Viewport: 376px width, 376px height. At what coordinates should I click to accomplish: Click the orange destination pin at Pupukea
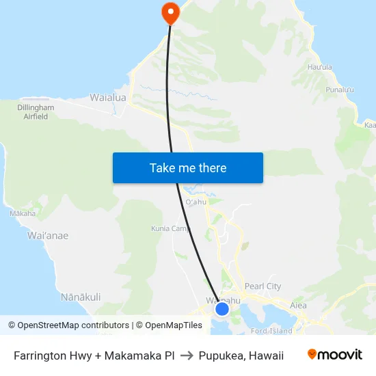click(x=169, y=12)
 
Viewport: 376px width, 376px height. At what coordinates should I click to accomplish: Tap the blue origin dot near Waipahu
click(x=221, y=309)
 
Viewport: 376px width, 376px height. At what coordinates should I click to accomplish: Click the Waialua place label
click(x=108, y=98)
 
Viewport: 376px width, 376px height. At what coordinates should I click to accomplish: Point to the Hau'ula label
click(x=320, y=67)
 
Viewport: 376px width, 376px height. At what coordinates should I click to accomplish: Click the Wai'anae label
click(x=48, y=235)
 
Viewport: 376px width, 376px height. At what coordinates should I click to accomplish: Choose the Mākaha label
click(x=23, y=214)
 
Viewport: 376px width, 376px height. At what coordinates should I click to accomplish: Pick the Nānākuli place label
click(x=81, y=297)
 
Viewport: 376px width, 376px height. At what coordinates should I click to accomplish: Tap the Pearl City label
click(x=263, y=286)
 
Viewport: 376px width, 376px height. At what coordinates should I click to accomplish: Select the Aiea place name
click(x=299, y=306)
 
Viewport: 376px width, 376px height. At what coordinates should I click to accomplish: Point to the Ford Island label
click(x=272, y=331)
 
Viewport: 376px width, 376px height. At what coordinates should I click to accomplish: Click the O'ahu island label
click(x=196, y=202)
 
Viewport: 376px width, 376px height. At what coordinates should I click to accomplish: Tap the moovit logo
click(x=335, y=355)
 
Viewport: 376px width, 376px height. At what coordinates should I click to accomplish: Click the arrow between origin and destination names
click(x=187, y=355)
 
